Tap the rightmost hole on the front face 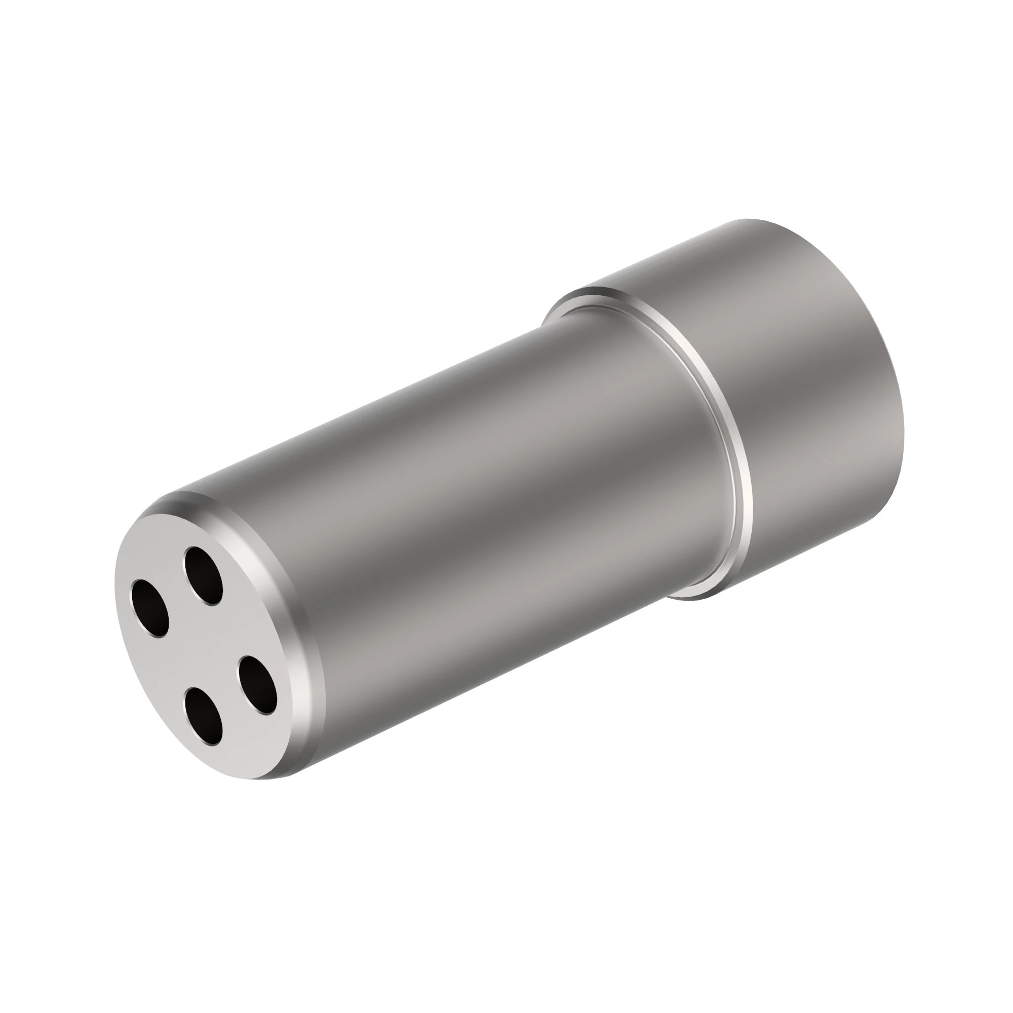[258, 685]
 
